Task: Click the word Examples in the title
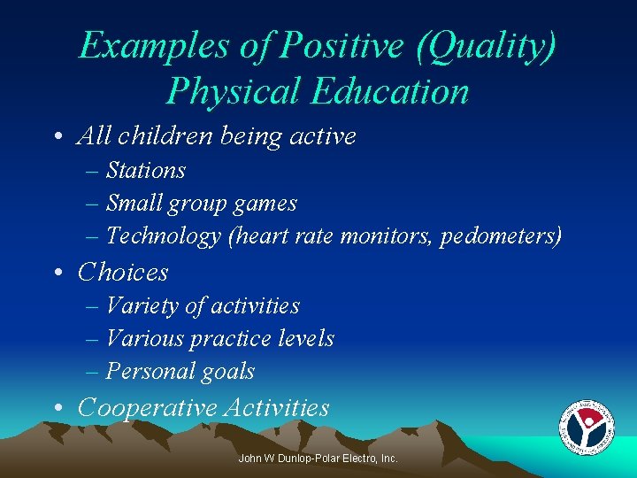coord(153,46)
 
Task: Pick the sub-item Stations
coord(146,170)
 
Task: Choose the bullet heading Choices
coord(123,272)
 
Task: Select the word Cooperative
coord(147,408)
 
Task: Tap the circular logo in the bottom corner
coord(587,429)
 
